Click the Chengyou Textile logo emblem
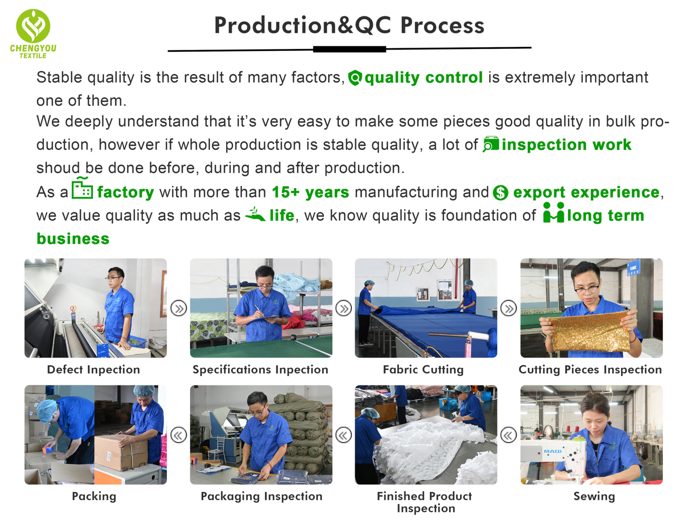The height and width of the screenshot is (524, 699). [x=33, y=26]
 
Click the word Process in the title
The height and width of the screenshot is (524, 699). [x=442, y=25]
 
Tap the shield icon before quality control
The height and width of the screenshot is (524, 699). [x=355, y=78]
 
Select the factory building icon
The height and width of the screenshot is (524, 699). [x=82, y=188]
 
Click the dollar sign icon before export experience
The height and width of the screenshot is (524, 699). [x=501, y=192]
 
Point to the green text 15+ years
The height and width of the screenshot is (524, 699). [x=311, y=192]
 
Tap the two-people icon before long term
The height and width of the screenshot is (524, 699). [x=553, y=213]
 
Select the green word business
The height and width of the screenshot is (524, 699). [x=73, y=239]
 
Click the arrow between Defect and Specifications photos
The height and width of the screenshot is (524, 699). [x=179, y=309]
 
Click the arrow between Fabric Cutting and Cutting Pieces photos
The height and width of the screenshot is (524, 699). [x=509, y=309]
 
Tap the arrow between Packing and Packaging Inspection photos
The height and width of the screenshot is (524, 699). [x=179, y=435]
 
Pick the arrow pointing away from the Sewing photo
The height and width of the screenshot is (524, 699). [x=509, y=435]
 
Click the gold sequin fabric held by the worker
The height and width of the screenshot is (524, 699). [x=589, y=332]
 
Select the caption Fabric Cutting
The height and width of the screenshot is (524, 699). [x=423, y=370]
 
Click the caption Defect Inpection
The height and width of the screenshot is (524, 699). [x=94, y=370]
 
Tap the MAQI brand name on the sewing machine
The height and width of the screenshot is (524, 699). [x=553, y=451]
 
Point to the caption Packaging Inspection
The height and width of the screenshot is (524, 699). [x=261, y=496]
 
